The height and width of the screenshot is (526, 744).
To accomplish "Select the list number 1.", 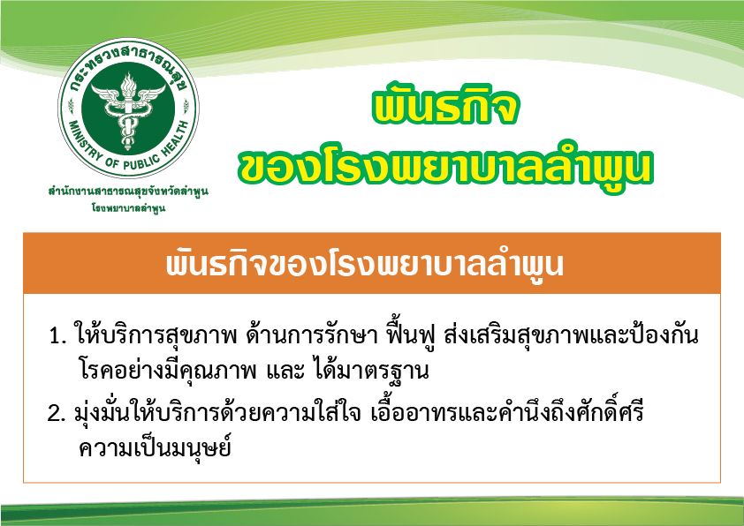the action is tap(57, 336).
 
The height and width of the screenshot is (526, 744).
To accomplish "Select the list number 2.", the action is tap(56, 414).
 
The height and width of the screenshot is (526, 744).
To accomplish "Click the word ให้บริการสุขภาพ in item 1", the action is tap(156, 334).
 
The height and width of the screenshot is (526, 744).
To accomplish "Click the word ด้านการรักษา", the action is tap(312, 334).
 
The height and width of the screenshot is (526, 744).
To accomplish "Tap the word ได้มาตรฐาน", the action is tap(371, 371).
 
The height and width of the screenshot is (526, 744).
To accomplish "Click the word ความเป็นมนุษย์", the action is tap(155, 447).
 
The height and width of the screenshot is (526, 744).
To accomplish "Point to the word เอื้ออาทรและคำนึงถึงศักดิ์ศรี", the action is tap(507, 411).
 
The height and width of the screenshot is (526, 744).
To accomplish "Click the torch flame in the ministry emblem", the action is tap(128, 85).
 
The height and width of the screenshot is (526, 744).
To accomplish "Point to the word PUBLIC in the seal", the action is tap(142, 162).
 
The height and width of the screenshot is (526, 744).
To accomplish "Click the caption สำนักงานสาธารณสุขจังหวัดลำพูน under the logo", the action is tap(128, 192).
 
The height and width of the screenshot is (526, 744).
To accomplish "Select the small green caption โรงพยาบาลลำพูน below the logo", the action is tap(128, 208).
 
